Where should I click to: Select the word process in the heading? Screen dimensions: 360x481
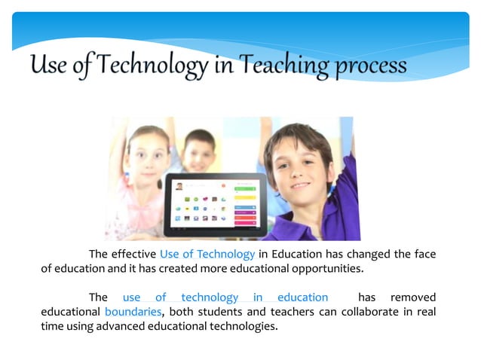(369, 68)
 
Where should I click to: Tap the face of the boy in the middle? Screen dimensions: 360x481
(200, 151)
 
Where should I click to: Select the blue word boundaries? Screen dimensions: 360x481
(133, 312)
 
